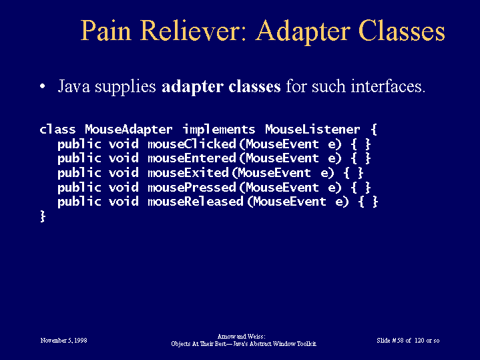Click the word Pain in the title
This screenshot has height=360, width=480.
[x=106, y=30]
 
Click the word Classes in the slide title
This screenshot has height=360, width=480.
[x=402, y=30]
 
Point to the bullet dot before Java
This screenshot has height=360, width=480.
[x=43, y=86]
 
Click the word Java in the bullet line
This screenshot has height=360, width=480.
[x=74, y=86]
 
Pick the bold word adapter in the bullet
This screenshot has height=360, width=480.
[x=192, y=87]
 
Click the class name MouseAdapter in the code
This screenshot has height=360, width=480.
[x=129, y=130]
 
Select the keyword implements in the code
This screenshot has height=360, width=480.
[x=219, y=130]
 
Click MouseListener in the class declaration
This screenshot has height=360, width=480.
[x=312, y=130]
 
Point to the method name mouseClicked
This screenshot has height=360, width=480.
[x=192, y=144]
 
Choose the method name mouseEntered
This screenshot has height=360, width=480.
[x=192, y=158]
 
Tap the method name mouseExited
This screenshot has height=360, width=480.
[x=188, y=173]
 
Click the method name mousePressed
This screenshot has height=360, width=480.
[x=192, y=188]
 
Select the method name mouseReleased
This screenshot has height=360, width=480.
[x=196, y=202]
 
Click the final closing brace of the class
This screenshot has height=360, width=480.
[x=43, y=216]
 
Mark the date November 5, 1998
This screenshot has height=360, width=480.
[x=63, y=341]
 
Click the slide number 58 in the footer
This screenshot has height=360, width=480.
[x=400, y=341]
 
